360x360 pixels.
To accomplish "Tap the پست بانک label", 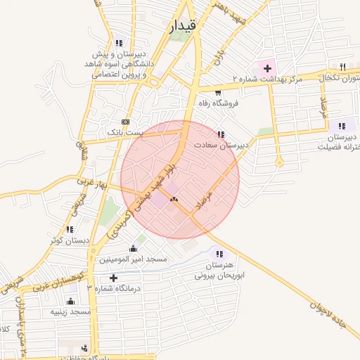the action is pyautogui.click(x=124, y=131).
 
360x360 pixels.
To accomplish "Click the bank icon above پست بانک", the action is pyautogui.click(x=125, y=121).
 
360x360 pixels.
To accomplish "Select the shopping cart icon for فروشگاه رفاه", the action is pyautogui.click(x=219, y=92).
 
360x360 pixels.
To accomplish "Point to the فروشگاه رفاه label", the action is pyautogui.click(x=219, y=103).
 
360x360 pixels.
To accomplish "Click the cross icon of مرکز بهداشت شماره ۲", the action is pyautogui.click(x=266, y=69).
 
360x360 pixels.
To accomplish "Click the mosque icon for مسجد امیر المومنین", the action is pyautogui.click(x=133, y=248).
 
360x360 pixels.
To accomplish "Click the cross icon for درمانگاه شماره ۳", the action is pyautogui.click(x=114, y=277).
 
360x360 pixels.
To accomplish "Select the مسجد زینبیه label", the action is pyautogui.click(x=70, y=311).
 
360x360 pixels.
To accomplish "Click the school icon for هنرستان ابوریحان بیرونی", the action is pyautogui.click(x=220, y=254).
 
